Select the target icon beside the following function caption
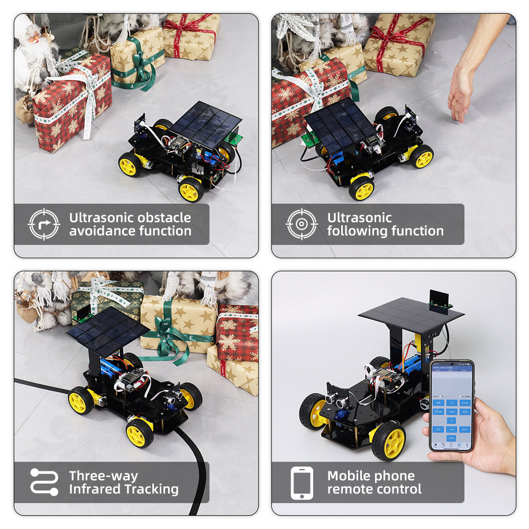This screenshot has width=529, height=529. coord(302,224)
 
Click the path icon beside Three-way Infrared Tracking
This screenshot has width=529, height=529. coord(44,482)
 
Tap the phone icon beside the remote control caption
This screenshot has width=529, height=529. coord(302,482)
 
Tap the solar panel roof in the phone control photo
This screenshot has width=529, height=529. coord(411,313)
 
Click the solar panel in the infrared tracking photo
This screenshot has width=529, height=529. coord(107,331)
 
